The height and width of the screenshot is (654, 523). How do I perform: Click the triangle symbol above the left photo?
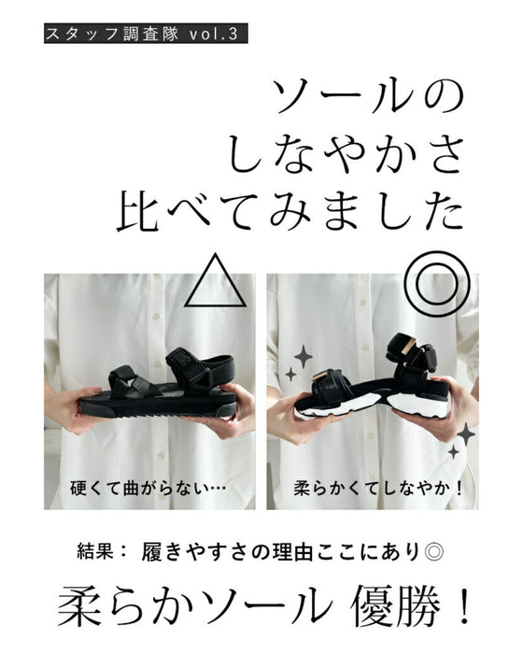point(216,281)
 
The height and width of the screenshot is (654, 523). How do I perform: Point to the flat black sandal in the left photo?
point(156,391)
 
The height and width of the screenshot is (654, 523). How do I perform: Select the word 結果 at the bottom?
point(100,551)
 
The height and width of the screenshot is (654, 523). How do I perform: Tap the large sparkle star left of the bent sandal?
point(304,356)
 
